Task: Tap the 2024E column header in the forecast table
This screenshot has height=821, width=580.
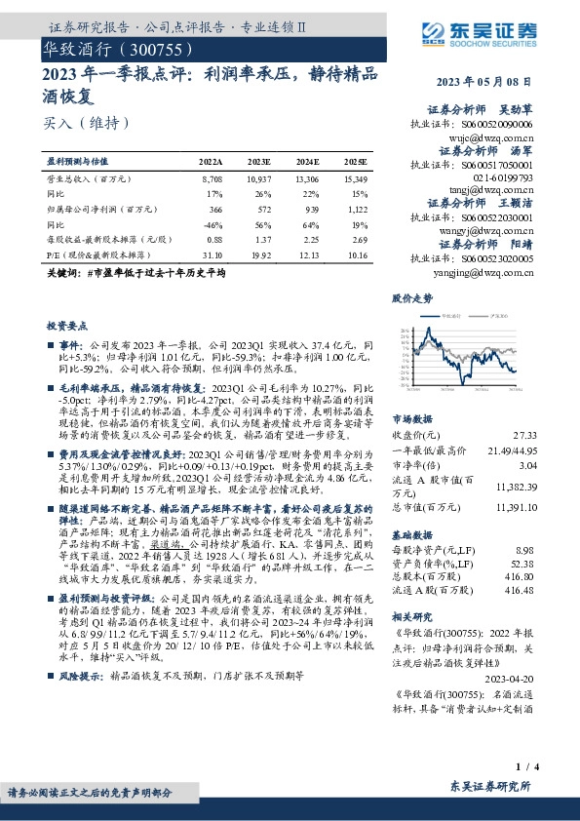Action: coord(308,161)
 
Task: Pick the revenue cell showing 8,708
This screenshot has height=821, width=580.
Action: coord(211,180)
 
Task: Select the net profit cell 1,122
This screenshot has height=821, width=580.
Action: coord(357,210)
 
